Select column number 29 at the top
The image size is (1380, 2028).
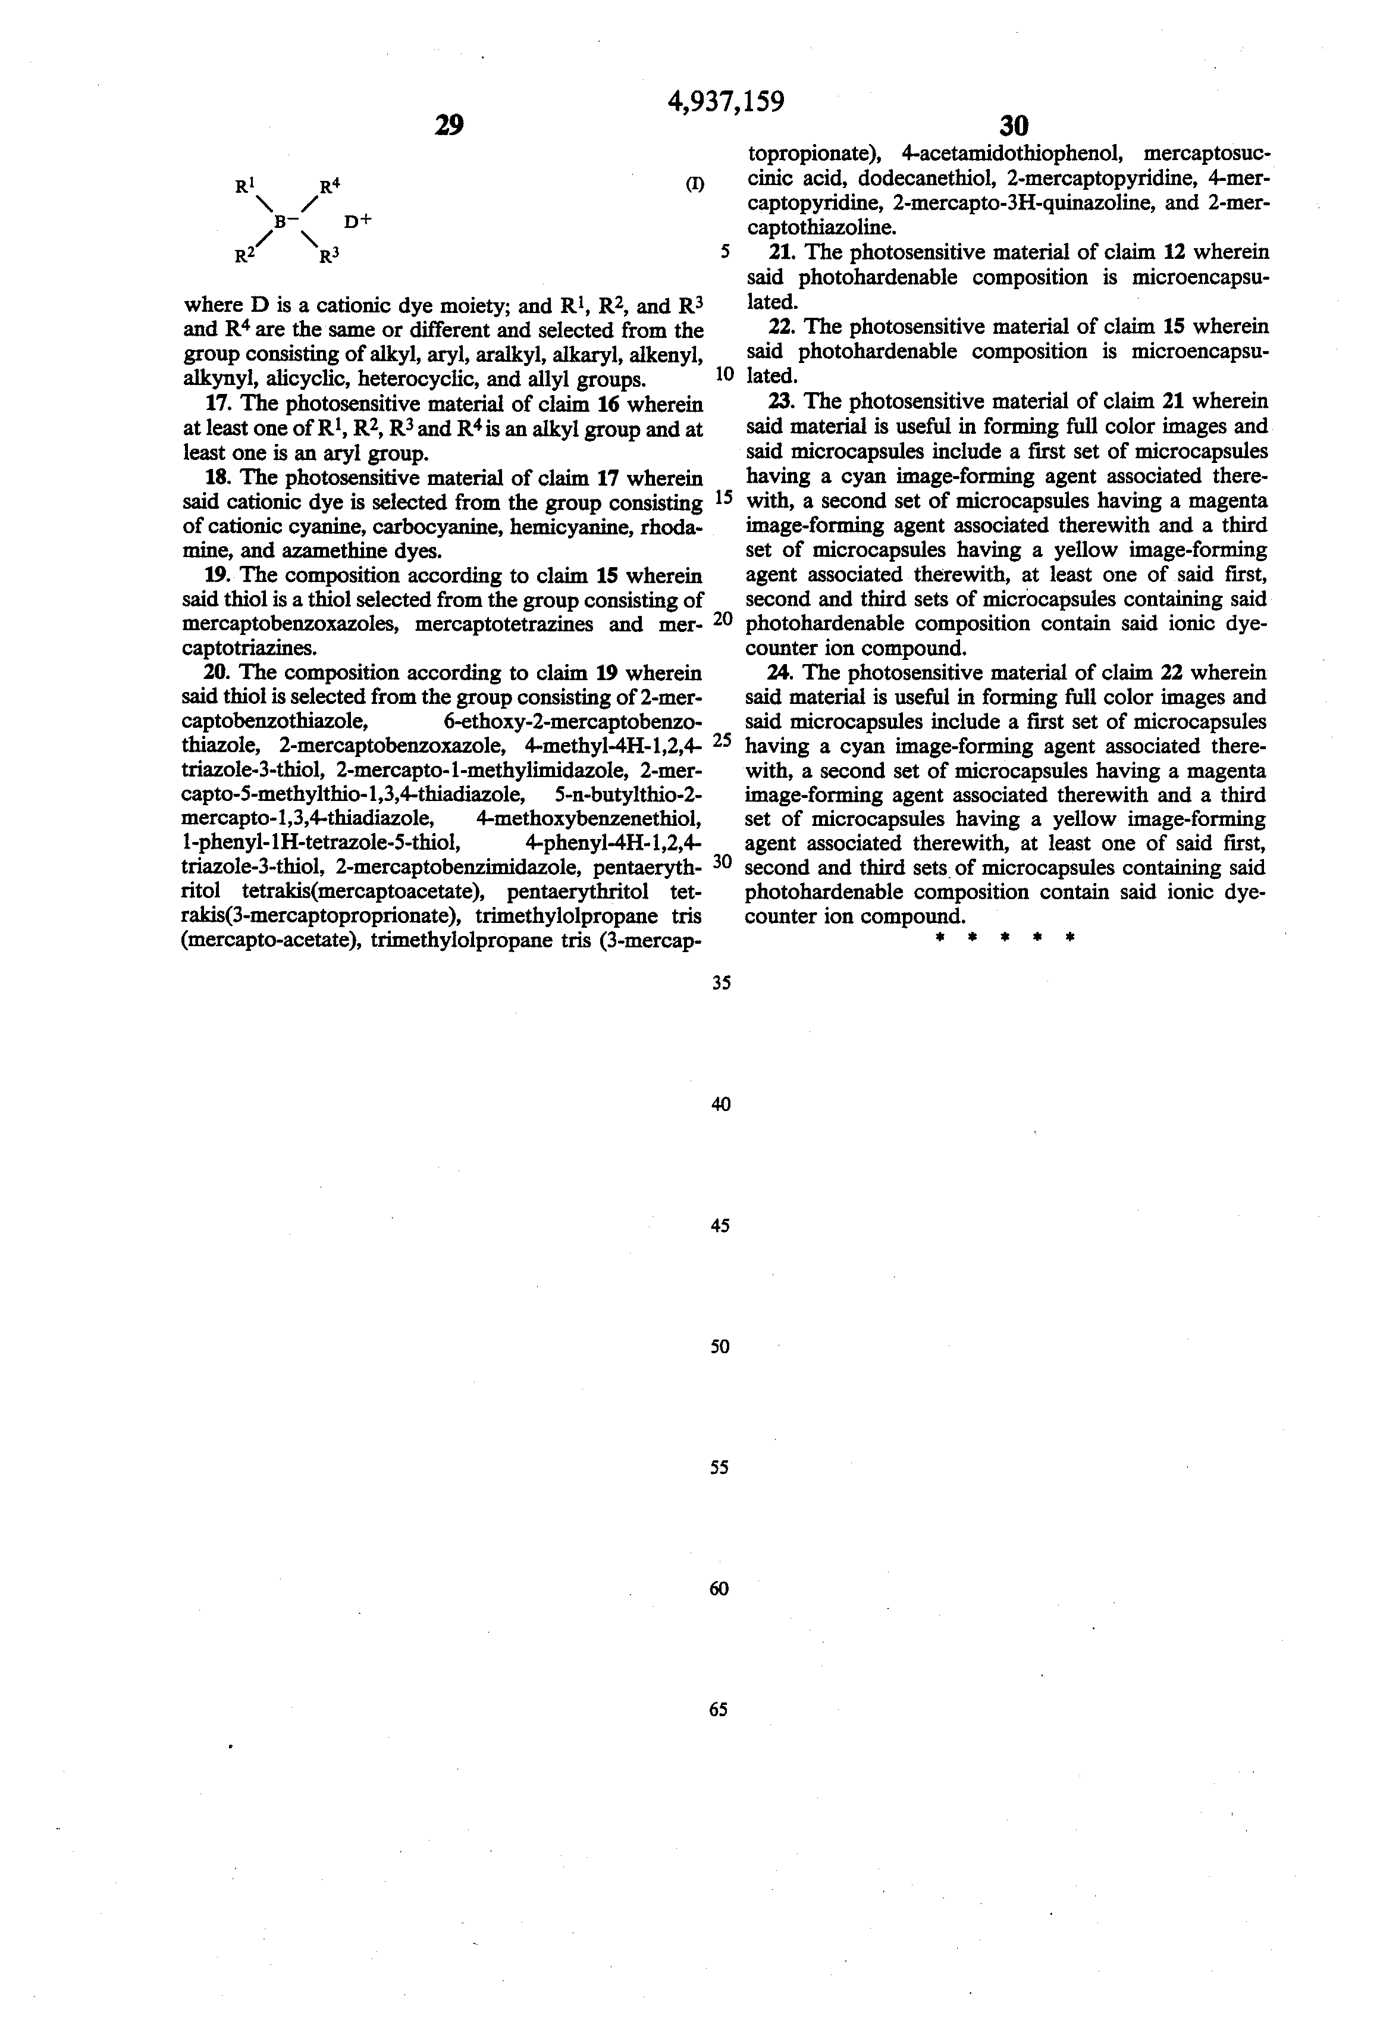pyautogui.click(x=448, y=126)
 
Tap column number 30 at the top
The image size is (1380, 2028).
pyautogui.click(x=1013, y=126)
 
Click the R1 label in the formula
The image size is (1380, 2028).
pyautogui.click(x=244, y=186)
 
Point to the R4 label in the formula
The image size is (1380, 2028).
pyautogui.click(x=329, y=186)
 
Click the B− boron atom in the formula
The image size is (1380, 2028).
pyautogui.click(x=284, y=221)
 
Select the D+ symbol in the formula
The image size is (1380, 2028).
pyautogui.click(x=357, y=221)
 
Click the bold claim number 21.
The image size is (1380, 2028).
pyautogui.click(x=782, y=252)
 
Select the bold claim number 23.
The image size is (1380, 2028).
pyautogui.click(x=782, y=402)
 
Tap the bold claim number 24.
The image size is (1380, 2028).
pyautogui.click(x=782, y=673)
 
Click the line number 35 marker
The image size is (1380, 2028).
pyautogui.click(x=720, y=982)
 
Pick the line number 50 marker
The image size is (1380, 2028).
pyautogui.click(x=720, y=1347)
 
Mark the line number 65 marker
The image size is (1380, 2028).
pyautogui.click(x=719, y=1710)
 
